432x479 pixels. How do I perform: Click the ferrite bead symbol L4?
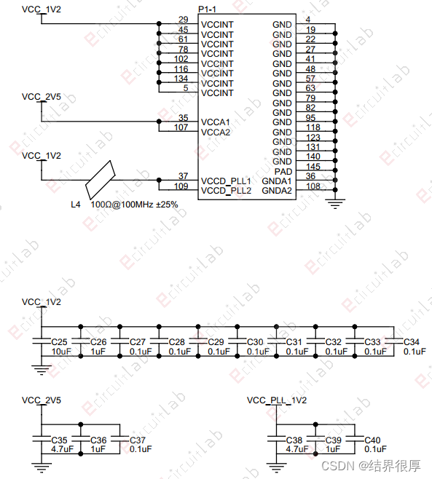(x=101, y=180)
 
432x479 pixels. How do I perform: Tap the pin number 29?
(x=183, y=20)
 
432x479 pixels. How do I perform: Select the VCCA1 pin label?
(x=215, y=122)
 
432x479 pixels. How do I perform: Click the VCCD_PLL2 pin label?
(x=226, y=191)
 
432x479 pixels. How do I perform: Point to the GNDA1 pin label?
(x=277, y=181)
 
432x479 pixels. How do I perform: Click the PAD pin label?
(x=283, y=171)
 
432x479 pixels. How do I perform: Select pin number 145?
(x=313, y=167)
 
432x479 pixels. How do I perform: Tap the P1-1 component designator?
(x=207, y=9)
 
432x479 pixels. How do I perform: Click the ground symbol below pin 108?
(x=335, y=203)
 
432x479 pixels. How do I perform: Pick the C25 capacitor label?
(x=59, y=342)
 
